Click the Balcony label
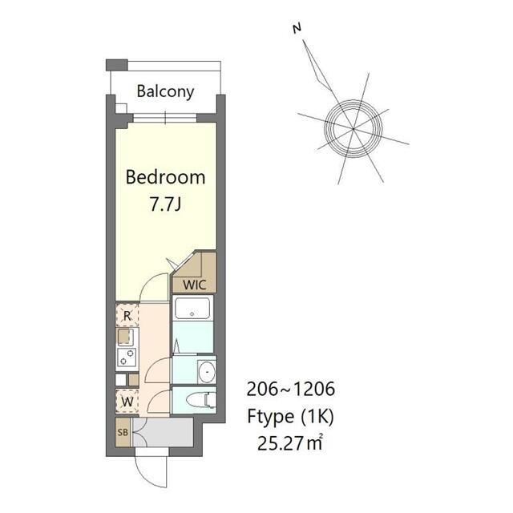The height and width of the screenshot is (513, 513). pos(165,91)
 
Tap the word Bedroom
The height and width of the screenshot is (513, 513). pos(166,177)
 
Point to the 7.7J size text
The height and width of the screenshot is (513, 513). pos(166,204)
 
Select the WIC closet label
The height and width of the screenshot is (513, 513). pos(194,285)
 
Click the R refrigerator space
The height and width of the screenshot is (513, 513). pos(127,315)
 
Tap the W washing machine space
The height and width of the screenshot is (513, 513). pos(127,401)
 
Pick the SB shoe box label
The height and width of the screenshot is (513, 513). pos(123,432)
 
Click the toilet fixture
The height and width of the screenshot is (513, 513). pos(201,400)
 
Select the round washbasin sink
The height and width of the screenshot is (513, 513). pos(207,372)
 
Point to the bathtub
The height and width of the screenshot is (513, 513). pos(192,308)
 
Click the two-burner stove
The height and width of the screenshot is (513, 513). pos(127,357)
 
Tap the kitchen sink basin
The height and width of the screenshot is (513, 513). pos(124,337)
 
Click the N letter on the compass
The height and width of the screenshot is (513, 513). pos(297,29)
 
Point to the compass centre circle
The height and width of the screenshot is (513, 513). pos(353,128)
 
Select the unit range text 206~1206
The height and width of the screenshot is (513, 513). pos(290,389)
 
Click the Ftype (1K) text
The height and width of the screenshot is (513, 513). pos(290,417)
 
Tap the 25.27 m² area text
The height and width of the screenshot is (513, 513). pos(290,443)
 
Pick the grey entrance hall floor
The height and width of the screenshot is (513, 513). pos(163,432)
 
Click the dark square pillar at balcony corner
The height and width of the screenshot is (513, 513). pos(116,65)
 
